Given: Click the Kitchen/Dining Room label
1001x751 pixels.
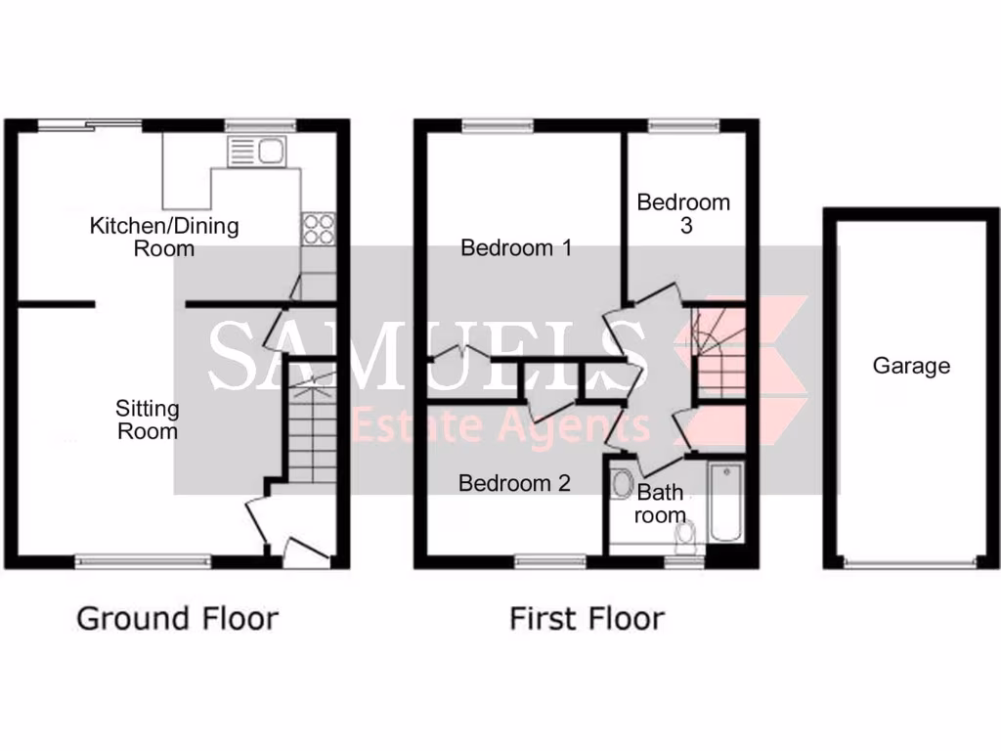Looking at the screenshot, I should pos(163,237).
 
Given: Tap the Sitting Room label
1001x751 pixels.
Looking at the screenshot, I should pos(148,419).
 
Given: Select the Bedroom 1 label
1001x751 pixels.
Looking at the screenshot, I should pos(516,248).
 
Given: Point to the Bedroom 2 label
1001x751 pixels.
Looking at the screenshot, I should pos(514,483).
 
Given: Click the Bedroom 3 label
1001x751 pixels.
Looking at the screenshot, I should pos(683,213).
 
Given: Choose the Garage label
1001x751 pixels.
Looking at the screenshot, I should pos(911,367).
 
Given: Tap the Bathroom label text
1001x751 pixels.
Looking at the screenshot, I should pos(660,504).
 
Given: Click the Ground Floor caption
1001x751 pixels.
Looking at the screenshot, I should pos(177,619).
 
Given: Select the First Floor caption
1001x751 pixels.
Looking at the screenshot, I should pos(587,619).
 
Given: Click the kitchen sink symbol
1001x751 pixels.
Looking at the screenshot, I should pos(255,152).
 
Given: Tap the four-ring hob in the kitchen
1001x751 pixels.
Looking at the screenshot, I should pos(318,228).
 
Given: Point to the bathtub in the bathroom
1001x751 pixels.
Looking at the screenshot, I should pos(725,502).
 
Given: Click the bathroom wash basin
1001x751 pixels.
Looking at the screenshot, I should pos(621,483).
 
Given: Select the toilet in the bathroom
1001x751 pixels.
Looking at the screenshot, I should pos(687,534).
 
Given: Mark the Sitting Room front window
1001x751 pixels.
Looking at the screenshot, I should pos(144,561).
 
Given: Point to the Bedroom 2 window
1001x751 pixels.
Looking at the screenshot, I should pos(550,561).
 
